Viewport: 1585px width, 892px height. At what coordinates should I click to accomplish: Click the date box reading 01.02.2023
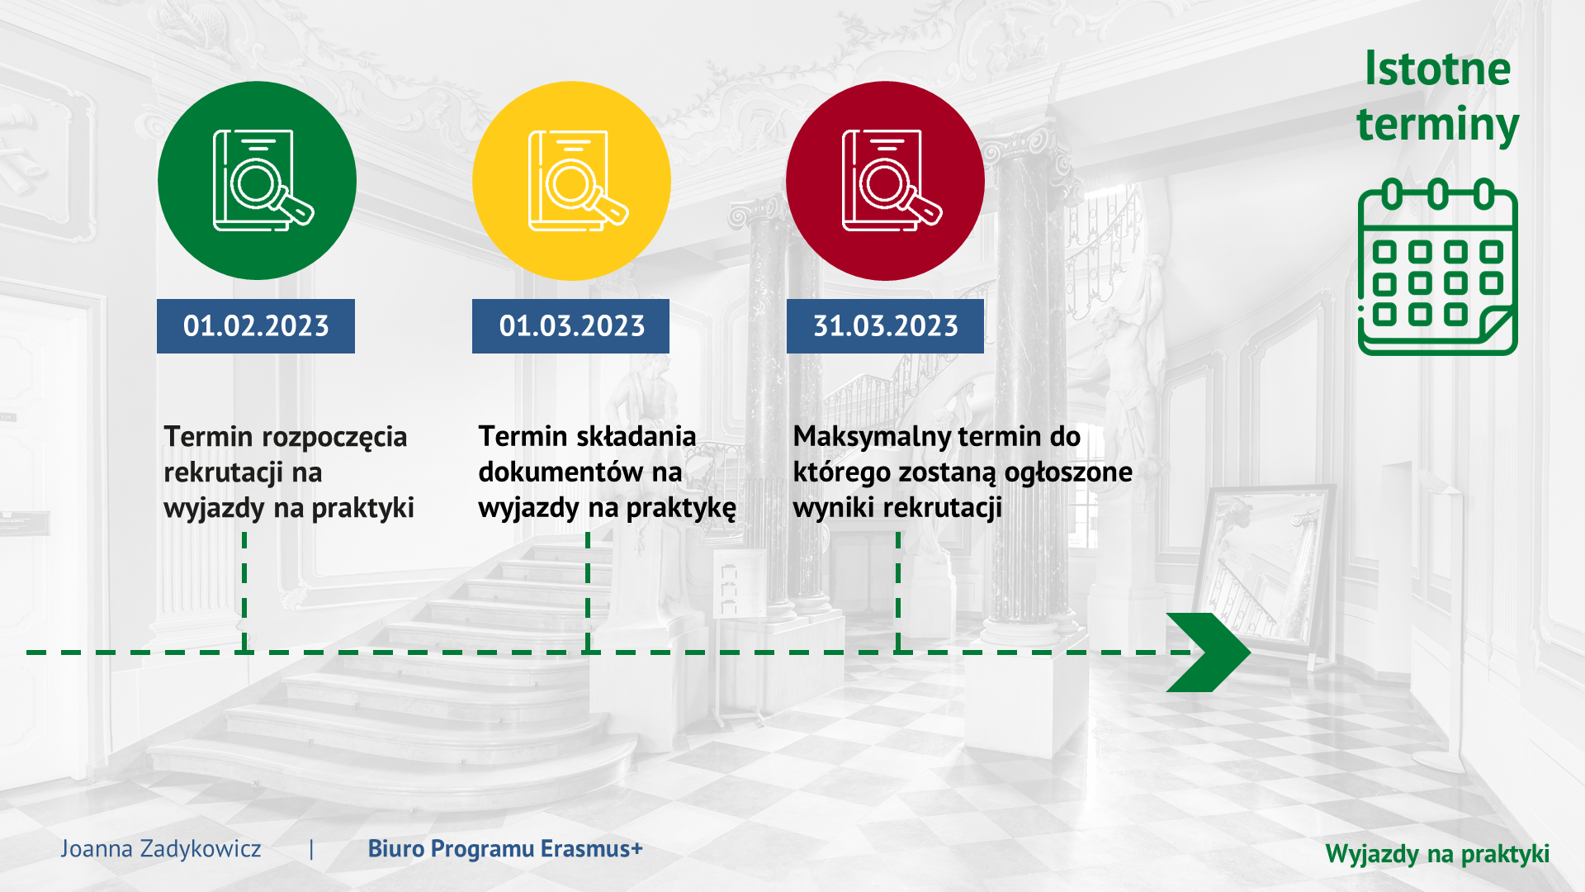(x=256, y=326)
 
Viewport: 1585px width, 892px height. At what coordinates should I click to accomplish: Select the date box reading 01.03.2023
(x=570, y=326)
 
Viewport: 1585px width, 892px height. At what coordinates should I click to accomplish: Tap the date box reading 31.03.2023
(x=885, y=326)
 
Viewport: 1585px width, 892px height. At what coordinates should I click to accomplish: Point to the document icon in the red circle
(x=892, y=180)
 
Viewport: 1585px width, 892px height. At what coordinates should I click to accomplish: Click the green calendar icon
(x=1438, y=267)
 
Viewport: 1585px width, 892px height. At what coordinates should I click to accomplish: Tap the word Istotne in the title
(x=1437, y=69)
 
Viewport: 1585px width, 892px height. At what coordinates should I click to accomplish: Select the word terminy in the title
(x=1437, y=126)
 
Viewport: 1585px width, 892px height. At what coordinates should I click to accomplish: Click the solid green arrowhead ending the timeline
(x=1209, y=652)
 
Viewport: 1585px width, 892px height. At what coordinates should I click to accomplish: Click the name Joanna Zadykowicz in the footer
(x=160, y=848)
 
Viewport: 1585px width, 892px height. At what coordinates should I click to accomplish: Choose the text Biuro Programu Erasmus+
(x=505, y=848)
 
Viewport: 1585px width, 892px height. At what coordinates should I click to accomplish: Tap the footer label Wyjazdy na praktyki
(x=1437, y=853)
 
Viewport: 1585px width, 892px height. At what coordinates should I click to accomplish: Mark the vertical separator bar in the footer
(x=311, y=849)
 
